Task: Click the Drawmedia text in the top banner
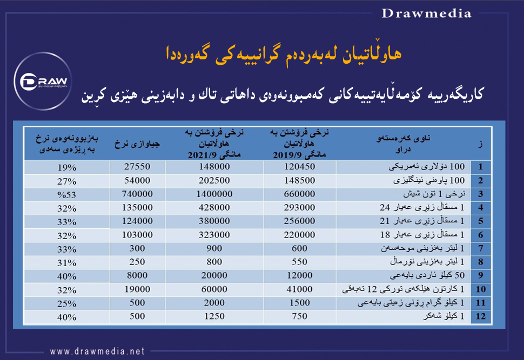[427, 13]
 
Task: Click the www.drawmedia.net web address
[98, 351]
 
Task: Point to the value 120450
[299, 166]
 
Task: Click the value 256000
[299, 221]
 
